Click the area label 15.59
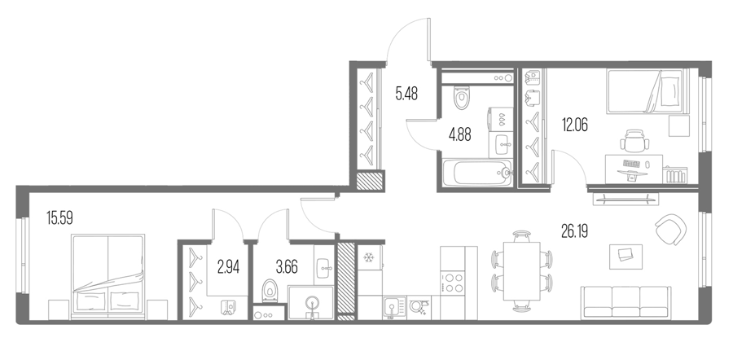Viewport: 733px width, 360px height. [x=59, y=218]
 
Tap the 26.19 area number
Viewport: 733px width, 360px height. [x=574, y=231]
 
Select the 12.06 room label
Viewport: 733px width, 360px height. [x=574, y=125]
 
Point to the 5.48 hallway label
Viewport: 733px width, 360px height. [x=406, y=94]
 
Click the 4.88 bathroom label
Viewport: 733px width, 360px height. [x=460, y=134]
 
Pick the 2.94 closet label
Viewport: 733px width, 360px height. [x=229, y=267]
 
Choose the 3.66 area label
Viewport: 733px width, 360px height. [x=287, y=267]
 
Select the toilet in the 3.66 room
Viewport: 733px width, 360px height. [x=269, y=290]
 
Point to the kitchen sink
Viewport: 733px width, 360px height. [x=395, y=308]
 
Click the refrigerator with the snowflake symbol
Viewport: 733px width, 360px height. [x=369, y=258]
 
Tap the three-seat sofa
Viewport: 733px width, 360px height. [x=626, y=303]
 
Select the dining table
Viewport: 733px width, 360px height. [x=521, y=271]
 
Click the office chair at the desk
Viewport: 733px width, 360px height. [x=634, y=140]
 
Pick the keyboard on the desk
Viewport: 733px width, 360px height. [x=632, y=164]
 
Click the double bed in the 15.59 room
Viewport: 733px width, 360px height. [x=108, y=277]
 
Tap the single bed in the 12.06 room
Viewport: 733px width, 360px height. [x=647, y=91]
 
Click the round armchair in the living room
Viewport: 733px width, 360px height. [x=671, y=229]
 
